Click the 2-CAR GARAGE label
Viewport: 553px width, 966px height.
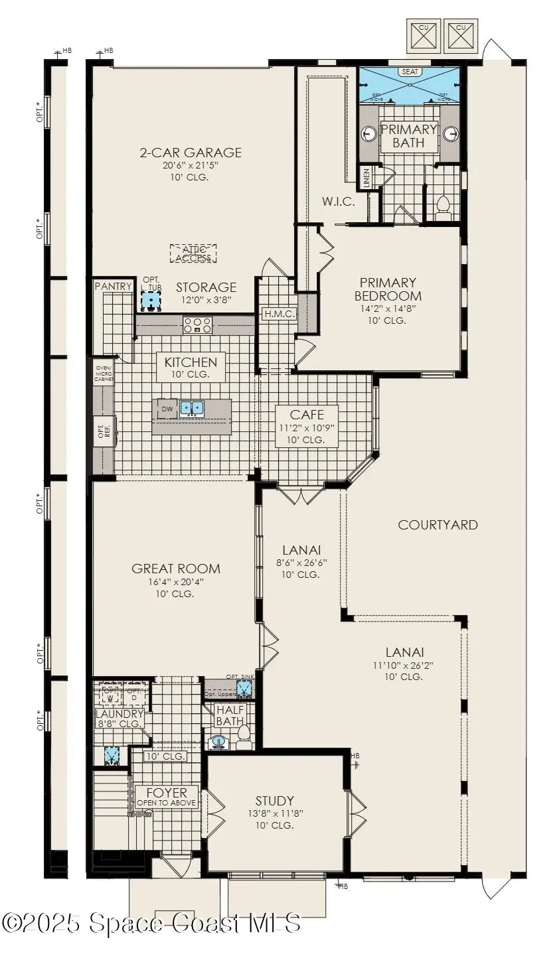click(x=190, y=153)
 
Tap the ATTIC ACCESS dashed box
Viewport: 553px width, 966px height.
click(x=194, y=253)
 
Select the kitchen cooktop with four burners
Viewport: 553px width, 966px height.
click(x=197, y=325)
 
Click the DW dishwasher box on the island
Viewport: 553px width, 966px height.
click(x=167, y=409)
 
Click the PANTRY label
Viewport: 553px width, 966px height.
click(x=114, y=286)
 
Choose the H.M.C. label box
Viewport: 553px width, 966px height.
click(x=279, y=314)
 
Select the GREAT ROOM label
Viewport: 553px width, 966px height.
click(x=176, y=569)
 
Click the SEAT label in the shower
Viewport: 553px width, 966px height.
click(x=408, y=72)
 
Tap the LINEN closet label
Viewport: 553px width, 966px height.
click(x=366, y=177)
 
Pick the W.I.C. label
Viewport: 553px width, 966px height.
click(x=339, y=202)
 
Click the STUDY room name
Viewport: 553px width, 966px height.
click(x=275, y=801)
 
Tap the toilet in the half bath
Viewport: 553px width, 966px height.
click(x=243, y=734)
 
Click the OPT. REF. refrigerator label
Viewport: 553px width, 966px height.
click(x=104, y=431)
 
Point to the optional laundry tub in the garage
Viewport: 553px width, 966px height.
click(x=152, y=303)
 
